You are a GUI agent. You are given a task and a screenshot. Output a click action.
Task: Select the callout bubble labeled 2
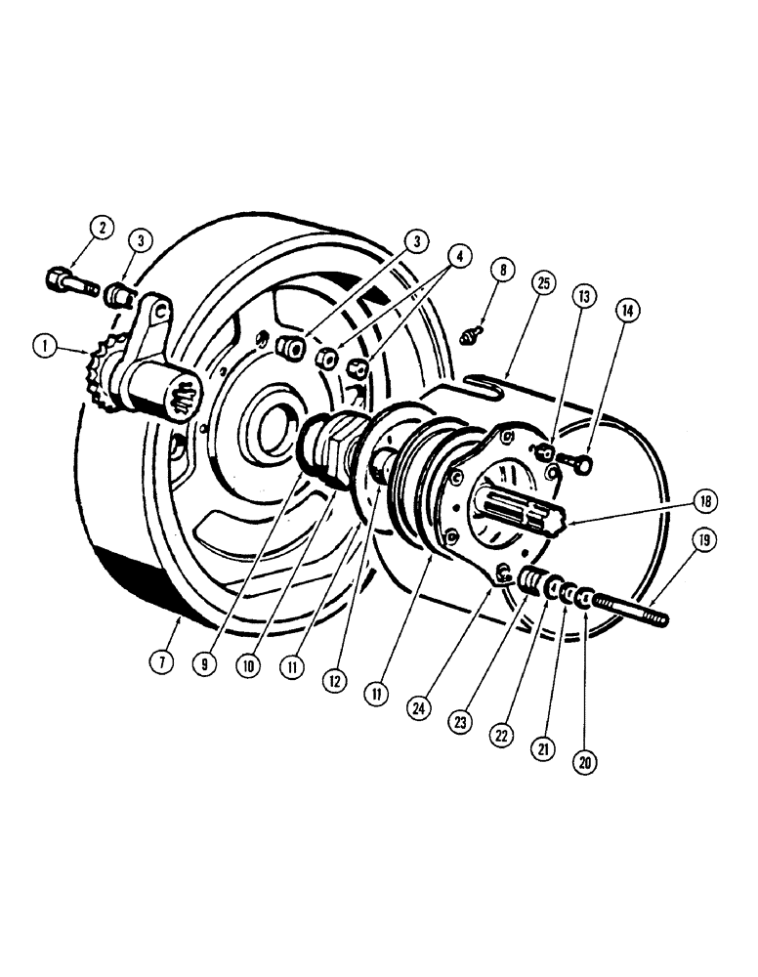102,229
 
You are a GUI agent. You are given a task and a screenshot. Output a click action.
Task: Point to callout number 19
703,540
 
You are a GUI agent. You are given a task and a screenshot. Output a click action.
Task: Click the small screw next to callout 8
471,337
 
